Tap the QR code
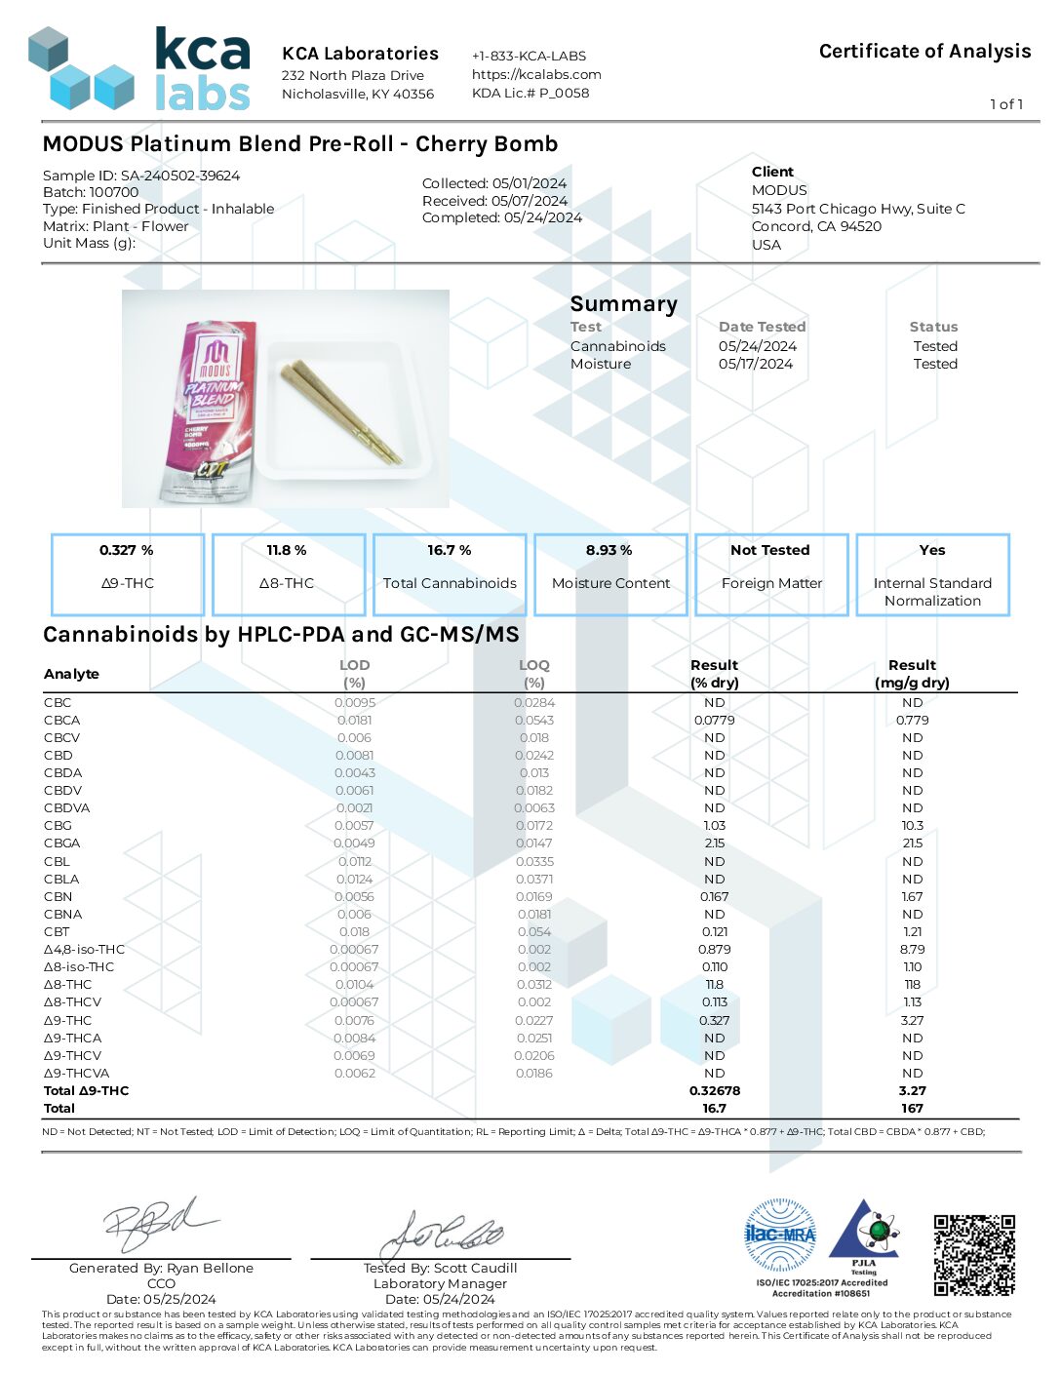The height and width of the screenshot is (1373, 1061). (x=973, y=1255)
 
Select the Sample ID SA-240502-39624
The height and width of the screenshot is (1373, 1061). (x=180, y=176)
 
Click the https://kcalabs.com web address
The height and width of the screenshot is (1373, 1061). (x=536, y=74)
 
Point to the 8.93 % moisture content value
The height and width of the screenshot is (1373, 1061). (x=609, y=550)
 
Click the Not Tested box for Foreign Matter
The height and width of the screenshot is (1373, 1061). (x=770, y=572)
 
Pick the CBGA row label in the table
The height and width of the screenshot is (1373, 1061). (x=61, y=843)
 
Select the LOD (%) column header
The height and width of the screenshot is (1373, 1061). (x=354, y=674)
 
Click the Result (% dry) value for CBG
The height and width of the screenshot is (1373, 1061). (x=715, y=826)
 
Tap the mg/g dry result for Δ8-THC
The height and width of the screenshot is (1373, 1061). (x=912, y=985)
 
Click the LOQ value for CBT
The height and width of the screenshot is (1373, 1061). (x=534, y=932)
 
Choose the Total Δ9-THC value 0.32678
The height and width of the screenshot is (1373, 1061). (x=715, y=1091)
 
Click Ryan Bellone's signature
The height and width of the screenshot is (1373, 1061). (x=156, y=1225)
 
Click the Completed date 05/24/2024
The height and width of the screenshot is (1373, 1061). (x=542, y=218)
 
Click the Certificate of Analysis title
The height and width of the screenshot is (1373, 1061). (x=924, y=52)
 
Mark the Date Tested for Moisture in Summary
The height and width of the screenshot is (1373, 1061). (x=756, y=364)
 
